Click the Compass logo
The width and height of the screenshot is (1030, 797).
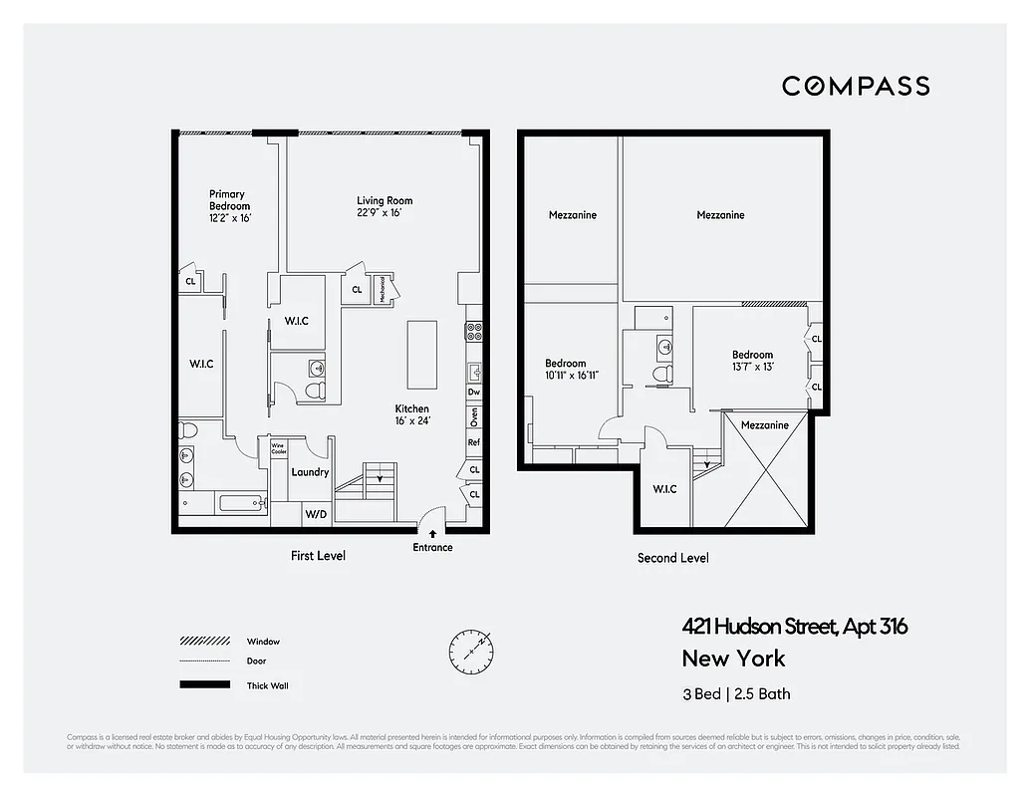pyautogui.click(x=855, y=87)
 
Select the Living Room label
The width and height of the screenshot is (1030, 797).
pyautogui.click(x=385, y=206)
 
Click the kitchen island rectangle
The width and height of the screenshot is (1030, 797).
pyautogui.click(x=422, y=355)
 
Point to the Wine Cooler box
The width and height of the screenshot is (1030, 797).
pyautogui.click(x=278, y=449)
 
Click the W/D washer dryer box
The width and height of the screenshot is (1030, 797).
pyautogui.click(x=317, y=514)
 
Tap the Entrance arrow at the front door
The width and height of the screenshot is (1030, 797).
pyautogui.click(x=432, y=535)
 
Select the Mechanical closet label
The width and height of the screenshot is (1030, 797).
pyautogui.click(x=382, y=290)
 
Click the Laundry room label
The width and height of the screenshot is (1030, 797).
pyautogui.click(x=310, y=472)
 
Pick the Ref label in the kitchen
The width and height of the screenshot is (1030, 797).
pyautogui.click(x=474, y=442)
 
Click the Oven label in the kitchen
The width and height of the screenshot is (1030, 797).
pyautogui.click(x=474, y=416)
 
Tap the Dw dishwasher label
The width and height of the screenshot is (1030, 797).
pyautogui.click(x=474, y=393)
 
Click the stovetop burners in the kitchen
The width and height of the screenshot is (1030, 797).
pyautogui.click(x=475, y=332)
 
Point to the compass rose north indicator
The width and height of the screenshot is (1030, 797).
pyautogui.click(x=469, y=650)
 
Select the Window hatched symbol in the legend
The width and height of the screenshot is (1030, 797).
pyautogui.click(x=203, y=642)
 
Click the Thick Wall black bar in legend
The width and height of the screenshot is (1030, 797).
pyautogui.click(x=203, y=685)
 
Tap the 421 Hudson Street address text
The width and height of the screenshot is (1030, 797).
pyautogui.click(x=794, y=627)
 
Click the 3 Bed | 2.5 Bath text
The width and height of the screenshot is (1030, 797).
pyautogui.click(x=736, y=693)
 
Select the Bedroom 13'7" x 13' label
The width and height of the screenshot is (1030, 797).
pyautogui.click(x=752, y=361)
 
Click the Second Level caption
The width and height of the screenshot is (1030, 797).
pyautogui.click(x=672, y=558)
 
